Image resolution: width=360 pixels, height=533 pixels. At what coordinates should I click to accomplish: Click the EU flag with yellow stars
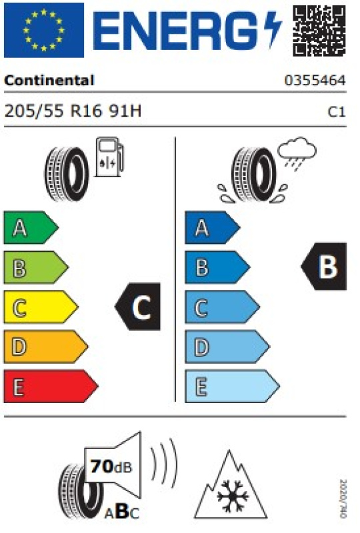tap(44, 30)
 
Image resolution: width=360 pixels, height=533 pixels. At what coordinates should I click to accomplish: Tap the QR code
tap(319, 30)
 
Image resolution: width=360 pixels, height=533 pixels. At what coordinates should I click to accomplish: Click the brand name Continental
tap(49, 81)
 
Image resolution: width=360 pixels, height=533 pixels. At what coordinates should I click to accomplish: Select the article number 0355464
tap(315, 81)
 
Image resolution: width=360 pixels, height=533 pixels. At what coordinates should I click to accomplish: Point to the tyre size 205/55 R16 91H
tap(73, 111)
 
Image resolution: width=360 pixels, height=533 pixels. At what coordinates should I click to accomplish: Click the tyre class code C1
tap(337, 112)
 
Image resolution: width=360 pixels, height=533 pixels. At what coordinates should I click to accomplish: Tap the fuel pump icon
tap(109, 157)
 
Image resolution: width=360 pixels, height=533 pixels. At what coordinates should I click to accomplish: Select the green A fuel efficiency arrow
tap(31, 227)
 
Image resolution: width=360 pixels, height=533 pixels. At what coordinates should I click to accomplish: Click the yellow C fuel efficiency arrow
tap(41, 307)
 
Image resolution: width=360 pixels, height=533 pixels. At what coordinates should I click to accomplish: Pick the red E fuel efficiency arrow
tap(51, 386)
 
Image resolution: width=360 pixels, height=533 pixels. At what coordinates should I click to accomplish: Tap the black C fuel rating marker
tap(138, 306)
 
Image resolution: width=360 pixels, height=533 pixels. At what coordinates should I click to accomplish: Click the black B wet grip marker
tap(324, 266)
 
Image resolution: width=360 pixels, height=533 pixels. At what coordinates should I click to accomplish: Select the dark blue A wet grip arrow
tap(213, 227)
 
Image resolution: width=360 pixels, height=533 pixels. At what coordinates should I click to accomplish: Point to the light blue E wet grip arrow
tap(233, 386)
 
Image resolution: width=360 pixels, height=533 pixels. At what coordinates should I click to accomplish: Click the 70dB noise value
tap(111, 466)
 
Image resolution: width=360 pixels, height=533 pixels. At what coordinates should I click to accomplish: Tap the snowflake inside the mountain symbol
tap(233, 496)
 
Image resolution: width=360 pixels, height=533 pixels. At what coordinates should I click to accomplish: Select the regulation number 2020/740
tap(343, 498)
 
